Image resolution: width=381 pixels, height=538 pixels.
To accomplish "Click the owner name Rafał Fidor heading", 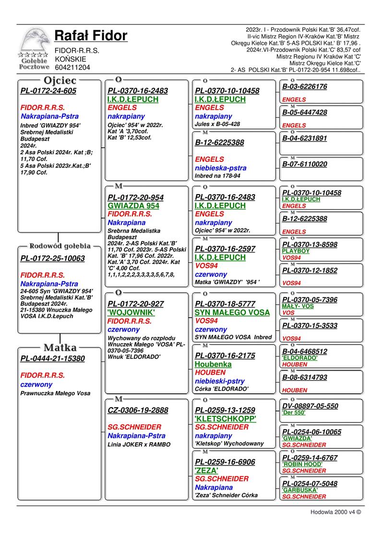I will pyautogui.click(x=91, y=35).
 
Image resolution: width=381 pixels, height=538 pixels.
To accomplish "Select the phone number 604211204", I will pyautogui.click(x=72, y=68).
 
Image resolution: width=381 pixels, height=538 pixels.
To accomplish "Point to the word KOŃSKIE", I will pyautogui.click(x=71, y=59).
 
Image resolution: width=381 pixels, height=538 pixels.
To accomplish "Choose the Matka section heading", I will pyautogui.click(x=59, y=347).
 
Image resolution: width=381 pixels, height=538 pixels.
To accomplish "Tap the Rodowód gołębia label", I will pyautogui.click(x=60, y=246).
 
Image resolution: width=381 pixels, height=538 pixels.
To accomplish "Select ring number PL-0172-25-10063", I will pyautogui.click(x=53, y=259).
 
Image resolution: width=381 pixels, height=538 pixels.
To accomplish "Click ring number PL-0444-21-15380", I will pyautogui.click(x=53, y=358).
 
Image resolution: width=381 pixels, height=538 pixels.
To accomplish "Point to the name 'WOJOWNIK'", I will pyautogui.click(x=131, y=312).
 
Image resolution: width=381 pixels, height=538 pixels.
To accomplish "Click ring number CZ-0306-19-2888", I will pyautogui.click(x=138, y=410).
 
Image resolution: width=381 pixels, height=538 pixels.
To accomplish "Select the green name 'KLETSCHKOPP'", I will pyautogui.click(x=226, y=419).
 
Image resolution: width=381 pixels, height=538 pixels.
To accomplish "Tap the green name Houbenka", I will pyautogui.click(x=213, y=364).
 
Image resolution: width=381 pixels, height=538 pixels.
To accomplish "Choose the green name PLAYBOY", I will pyautogui.click(x=296, y=251).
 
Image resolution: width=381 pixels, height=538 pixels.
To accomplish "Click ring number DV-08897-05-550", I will pyautogui.click(x=310, y=406).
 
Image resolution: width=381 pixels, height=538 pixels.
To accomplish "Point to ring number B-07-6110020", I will pyautogui.click(x=305, y=164).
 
